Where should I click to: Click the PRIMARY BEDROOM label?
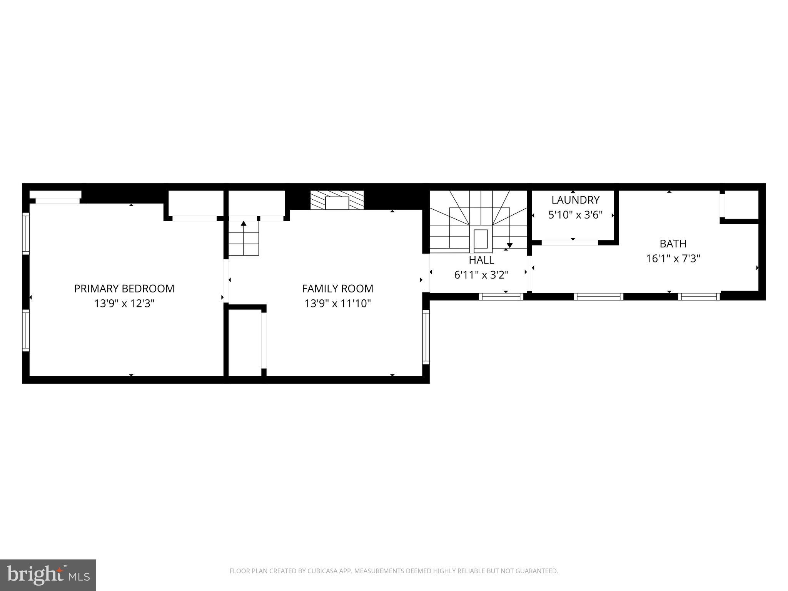click(124, 289)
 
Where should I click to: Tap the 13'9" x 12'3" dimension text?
click(124, 304)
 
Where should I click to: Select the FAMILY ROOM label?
click(337, 289)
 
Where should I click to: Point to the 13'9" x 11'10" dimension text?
click(337, 304)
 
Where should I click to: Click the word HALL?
click(481, 260)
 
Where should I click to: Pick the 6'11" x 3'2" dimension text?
click(481, 275)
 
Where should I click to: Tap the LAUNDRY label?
click(575, 200)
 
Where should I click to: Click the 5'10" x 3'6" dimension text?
click(575, 215)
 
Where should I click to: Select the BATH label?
click(673, 244)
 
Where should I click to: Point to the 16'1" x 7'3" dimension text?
click(673, 258)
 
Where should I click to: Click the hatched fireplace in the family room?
click(337, 200)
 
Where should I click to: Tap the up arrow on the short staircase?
click(244, 223)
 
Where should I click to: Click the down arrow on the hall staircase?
click(509, 245)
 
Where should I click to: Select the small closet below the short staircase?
click(245, 342)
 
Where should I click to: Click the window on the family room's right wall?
click(426, 337)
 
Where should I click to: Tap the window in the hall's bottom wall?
click(501, 296)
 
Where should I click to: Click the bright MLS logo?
click(48, 575)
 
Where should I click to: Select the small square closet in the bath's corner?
click(741, 205)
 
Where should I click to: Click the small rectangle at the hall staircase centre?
click(481, 239)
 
